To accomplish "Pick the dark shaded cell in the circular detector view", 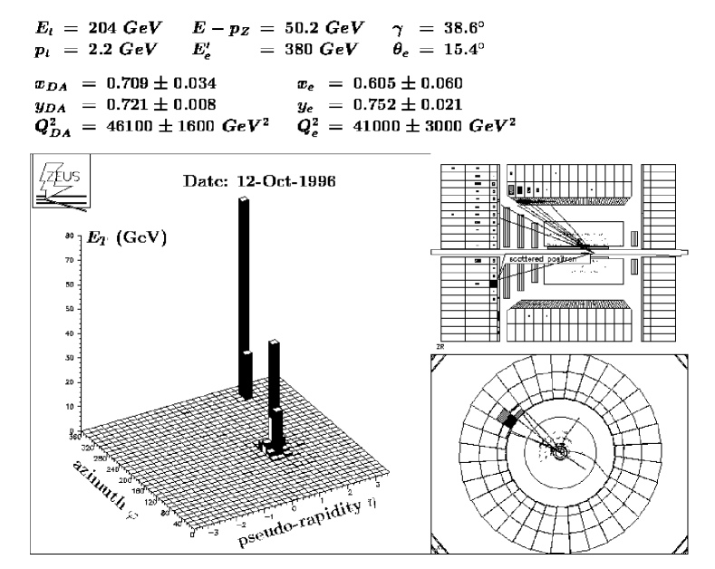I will (x=509, y=419).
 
